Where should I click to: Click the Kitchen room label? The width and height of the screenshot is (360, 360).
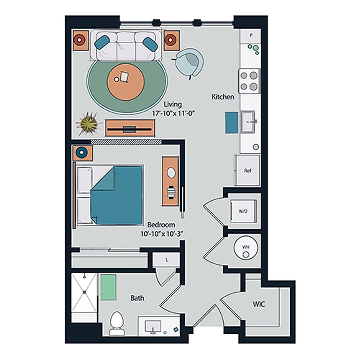tap(223, 97)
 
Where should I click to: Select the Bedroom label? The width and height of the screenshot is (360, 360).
tap(161, 225)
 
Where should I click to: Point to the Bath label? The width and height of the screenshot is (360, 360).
tap(137, 298)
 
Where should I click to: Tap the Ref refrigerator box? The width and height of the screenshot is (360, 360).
tap(248, 171)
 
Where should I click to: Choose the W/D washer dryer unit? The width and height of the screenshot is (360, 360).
tap(243, 211)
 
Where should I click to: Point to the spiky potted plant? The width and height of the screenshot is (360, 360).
tap(88, 124)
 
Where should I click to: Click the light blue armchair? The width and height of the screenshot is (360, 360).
tap(189, 62)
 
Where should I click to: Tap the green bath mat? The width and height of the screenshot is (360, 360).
tap(108, 286)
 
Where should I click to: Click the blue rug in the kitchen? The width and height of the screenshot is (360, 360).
tap(231, 122)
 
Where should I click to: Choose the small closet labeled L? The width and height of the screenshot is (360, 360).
tap(166, 260)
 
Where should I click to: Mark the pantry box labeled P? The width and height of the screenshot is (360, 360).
tap(251, 35)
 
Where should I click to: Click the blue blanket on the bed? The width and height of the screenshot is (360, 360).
tap(118, 195)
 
